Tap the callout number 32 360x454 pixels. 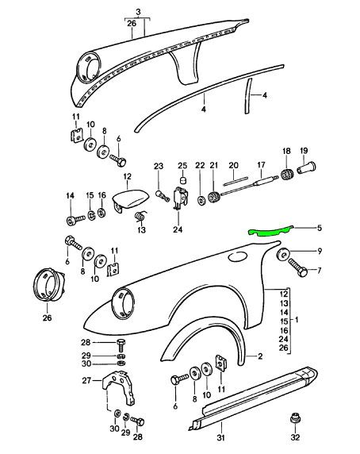[295, 437]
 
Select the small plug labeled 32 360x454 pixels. [295, 418]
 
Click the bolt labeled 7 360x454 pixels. [298, 267]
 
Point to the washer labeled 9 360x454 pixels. [283, 255]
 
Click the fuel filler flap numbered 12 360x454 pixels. [130, 198]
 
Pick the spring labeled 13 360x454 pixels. [140, 217]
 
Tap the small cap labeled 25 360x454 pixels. [182, 180]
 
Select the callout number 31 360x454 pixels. [220, 437]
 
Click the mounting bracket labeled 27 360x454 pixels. [119, 387]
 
